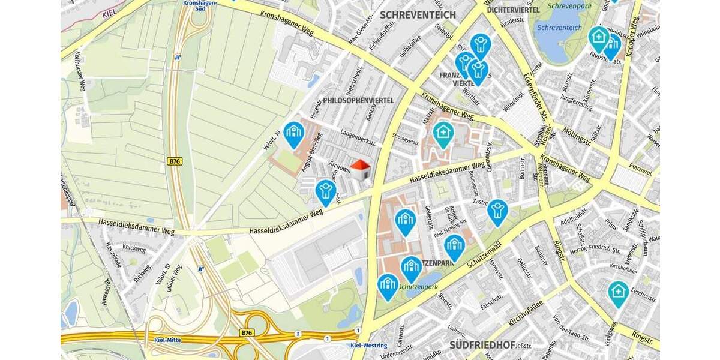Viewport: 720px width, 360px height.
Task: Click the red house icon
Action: [360, 169]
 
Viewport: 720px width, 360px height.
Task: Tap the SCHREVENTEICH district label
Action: [418, 14]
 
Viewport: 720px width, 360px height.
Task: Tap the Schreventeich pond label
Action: [559, 28]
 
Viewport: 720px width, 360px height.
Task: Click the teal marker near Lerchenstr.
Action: [618, 293]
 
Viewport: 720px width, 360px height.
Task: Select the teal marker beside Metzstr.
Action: [443, 134]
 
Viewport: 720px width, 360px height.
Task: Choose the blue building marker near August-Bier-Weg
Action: [293, 134]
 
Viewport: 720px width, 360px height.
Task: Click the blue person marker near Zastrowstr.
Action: [497, 211]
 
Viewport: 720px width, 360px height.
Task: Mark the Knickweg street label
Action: [134, 248]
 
